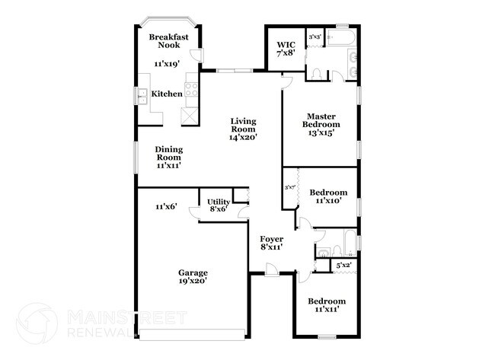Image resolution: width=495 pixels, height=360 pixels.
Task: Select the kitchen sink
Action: pos(142,95)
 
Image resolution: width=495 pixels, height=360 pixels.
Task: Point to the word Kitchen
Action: pos(167,94)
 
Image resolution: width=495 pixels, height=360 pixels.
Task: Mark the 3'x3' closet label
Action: pos(314,36)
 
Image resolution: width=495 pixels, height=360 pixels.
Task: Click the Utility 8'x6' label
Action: pos(219,205)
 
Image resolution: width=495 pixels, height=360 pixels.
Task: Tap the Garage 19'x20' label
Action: pos(193,277)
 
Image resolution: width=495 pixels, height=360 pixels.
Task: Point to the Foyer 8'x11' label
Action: pos(270,243)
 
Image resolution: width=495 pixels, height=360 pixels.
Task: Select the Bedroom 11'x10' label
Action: pos(328,196)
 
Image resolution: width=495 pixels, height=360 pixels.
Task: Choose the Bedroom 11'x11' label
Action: pos(326,305)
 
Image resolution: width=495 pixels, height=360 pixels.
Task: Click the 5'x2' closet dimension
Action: pos(343,266)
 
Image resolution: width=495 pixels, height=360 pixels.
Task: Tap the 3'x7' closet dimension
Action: pos(289,186)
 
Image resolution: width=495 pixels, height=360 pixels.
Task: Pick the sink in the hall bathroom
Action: pos(324,253)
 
